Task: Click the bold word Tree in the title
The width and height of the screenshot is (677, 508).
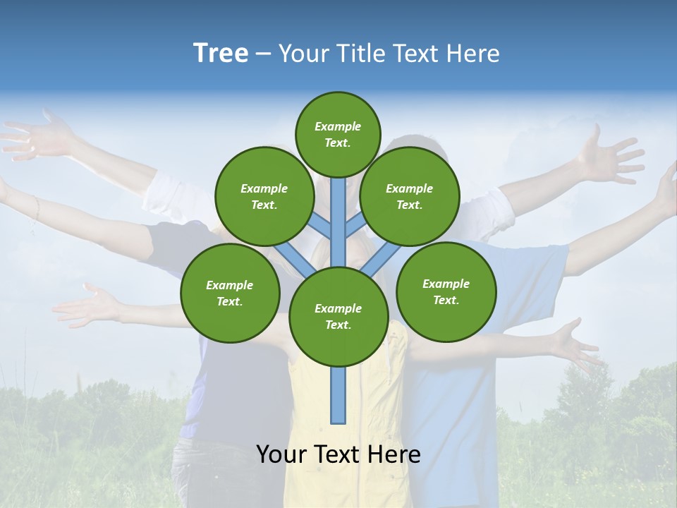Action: pos(221,54)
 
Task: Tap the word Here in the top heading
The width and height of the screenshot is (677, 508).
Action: pos(474,54)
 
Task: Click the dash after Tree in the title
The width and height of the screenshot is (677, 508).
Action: pos(263,54)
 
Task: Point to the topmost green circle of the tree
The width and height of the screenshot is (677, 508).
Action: pos(338,134)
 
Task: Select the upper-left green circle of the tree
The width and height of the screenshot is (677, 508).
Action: pos(264,196)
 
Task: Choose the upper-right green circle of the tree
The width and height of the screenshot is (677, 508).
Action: pos(410,196)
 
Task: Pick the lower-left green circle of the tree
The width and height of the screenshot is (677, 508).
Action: pos(230,293)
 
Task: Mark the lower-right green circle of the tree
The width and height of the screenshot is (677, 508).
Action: pos(446,291)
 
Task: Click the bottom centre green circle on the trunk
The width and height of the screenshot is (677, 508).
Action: pos(338,316)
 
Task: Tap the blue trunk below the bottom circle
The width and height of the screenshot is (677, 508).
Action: pos(338,395)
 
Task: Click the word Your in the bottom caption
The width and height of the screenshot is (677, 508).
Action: pos(282,454)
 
